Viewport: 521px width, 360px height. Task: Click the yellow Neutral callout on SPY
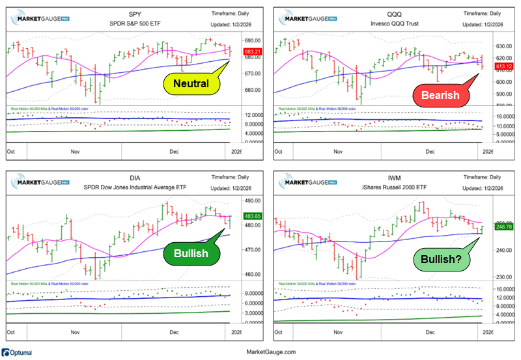[191, 83]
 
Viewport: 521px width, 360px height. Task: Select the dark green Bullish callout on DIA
[191, 253]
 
